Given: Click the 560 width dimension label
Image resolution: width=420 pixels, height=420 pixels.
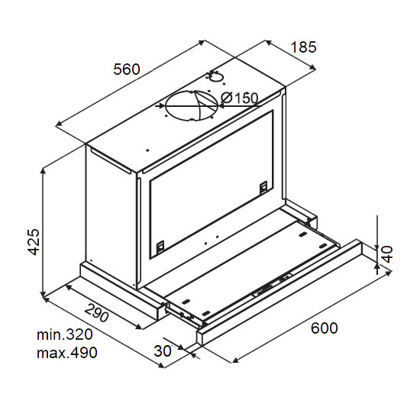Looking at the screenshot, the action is click(x=127, y=69).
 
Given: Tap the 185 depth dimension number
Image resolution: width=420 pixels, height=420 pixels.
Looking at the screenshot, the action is click(x=303, y=47).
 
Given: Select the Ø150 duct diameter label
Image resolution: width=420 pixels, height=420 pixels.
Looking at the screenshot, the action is click(x=239, y=98).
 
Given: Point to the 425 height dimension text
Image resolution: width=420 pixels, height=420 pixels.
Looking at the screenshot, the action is click(x=34, y=242).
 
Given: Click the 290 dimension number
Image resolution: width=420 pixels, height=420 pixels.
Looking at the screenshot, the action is click(x=96, y=312).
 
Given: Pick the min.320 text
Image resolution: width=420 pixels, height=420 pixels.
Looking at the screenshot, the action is click(x=65, y=334).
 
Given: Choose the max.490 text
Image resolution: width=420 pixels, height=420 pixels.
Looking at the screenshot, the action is click(x=67, y=353).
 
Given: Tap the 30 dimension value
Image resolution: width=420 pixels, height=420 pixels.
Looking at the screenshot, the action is click(x=163, y=351).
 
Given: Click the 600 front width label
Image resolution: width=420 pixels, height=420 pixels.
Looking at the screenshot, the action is click(x=324, y=328).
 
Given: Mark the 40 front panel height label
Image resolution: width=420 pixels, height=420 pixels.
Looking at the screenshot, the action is click(x=387, y=254).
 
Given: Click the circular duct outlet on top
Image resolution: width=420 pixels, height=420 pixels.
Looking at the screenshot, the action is click(x=192, y=106).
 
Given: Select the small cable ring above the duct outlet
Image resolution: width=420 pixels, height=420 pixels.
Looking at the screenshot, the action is click(x=215, y=77).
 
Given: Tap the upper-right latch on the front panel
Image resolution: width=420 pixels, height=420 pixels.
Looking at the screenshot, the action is click(x=264, y=186).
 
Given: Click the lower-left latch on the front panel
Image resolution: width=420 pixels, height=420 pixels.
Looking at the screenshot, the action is click(x=160, y=247).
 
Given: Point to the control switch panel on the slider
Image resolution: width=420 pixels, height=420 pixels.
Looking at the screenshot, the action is click(x=272, y=285).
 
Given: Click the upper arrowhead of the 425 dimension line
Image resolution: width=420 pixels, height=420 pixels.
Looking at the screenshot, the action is click(x=43, y=171).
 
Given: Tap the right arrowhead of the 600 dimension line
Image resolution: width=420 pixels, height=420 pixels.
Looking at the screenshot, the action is click(x=388, y=273).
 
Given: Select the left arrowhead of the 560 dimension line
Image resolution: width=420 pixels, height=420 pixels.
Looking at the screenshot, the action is click(x=59, y=124).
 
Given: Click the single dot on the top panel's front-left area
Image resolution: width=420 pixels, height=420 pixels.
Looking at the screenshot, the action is click(x=147, y=150).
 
